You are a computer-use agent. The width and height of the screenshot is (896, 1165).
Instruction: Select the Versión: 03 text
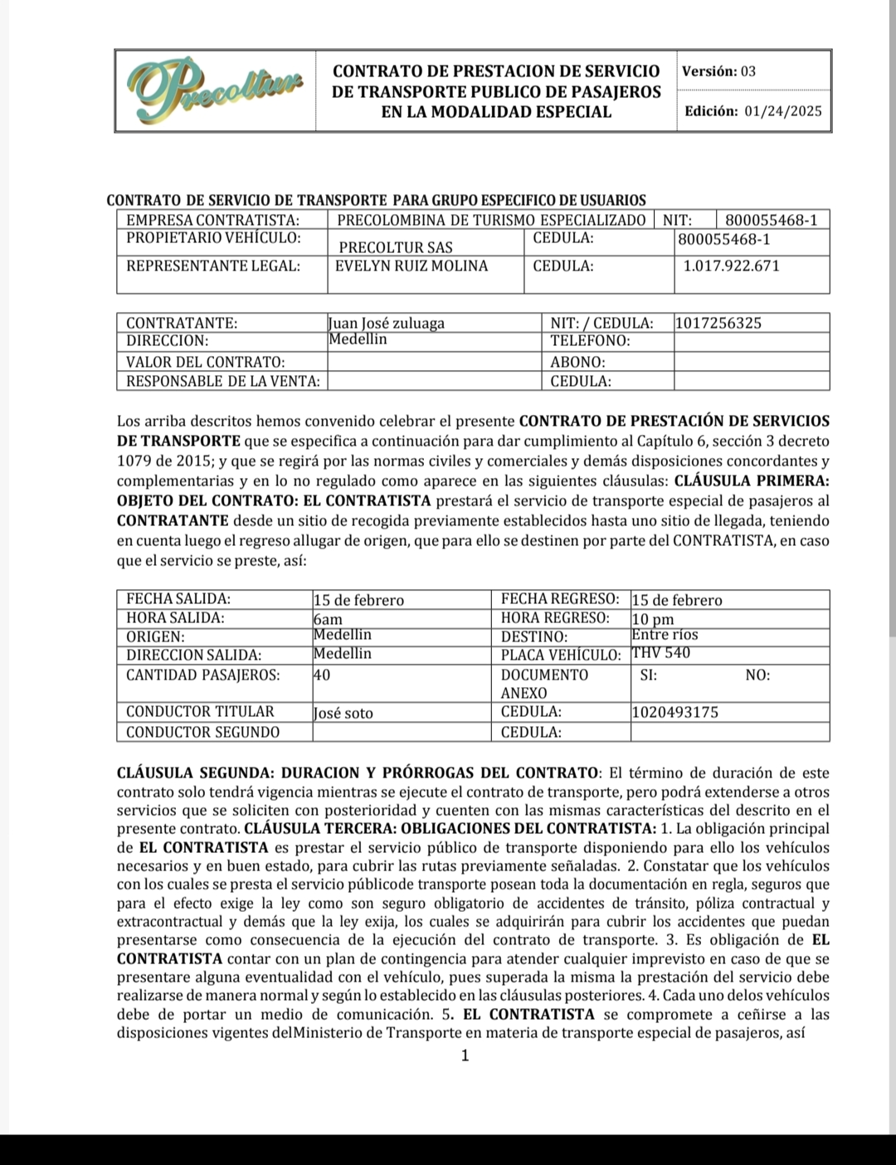[718, 71]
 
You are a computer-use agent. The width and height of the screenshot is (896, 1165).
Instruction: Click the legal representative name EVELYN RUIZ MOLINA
[411, 266]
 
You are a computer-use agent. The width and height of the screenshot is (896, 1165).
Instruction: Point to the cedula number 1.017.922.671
[731, 266]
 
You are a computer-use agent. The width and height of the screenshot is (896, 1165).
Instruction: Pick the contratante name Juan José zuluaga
[387, 323]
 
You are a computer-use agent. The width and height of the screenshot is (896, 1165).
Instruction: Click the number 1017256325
[718, 323]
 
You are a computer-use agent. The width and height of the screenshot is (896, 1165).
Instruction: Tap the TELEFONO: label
[590, 341]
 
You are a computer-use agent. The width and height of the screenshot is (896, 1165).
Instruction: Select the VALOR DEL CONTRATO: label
[205, 362]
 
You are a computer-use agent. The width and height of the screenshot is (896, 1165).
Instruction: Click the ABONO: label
[577, 362]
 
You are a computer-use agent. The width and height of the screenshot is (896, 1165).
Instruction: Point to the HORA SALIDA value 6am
[328, 619]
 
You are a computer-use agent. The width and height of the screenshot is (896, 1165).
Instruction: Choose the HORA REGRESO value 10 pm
[653, 619]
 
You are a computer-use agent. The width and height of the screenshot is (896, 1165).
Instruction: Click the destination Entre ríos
[665, 635]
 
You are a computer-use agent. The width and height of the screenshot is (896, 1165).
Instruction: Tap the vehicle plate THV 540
[661, 653]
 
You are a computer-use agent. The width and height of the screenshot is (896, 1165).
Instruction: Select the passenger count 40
[322, 675]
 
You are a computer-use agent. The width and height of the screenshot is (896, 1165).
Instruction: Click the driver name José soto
[343, 712]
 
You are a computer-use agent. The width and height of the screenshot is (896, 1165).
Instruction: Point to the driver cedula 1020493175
[675, 712]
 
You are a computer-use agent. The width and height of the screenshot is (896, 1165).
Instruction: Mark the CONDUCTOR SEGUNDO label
[202, 732]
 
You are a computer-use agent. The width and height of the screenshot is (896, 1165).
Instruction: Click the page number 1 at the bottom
[465, 1055]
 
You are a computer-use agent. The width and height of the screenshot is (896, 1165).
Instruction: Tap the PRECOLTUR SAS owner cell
[396, 247]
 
